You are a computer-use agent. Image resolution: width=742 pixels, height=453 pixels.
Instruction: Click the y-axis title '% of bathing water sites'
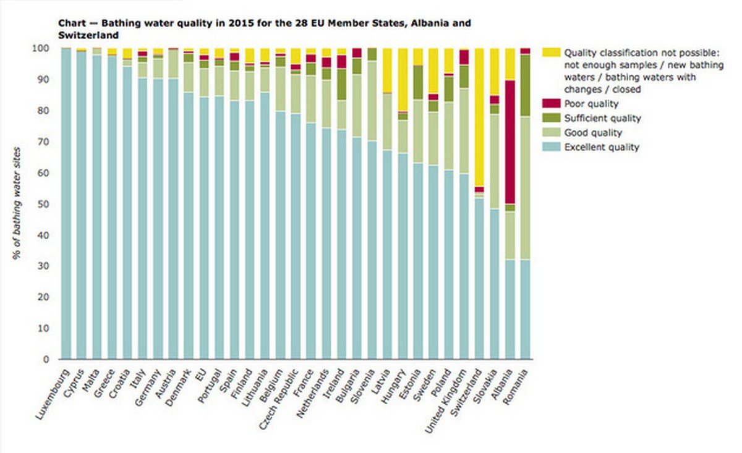pos(18,205)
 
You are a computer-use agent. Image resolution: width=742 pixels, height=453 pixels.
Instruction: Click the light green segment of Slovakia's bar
pos(495,161)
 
